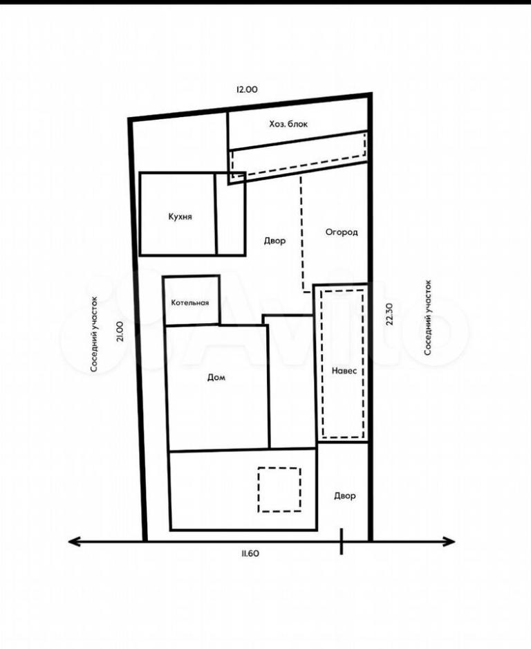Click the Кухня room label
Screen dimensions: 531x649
[x=180, y=217]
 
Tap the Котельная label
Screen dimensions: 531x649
[x=190, y=302]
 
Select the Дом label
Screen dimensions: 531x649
[x=216, y=377]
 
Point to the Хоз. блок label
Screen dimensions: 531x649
[x=288, y=124]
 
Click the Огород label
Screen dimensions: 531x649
[x=342, y=232]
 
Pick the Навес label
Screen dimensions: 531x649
[x=344, y=371]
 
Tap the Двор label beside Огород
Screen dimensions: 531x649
[x=274, y=241]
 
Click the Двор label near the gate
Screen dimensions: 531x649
[x=345, y=495]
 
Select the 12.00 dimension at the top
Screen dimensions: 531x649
[x=247, y=89]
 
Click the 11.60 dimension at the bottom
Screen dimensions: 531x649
[x=248, y=553]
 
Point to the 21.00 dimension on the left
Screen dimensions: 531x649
[x=120, y=331]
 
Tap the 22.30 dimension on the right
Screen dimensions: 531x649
[x=389, y=314]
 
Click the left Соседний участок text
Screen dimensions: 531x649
[x=94, y=334]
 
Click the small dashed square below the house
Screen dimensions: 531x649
[x=279, y=490]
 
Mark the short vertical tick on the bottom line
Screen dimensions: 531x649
[x=341, y=541]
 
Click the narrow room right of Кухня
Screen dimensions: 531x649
[x=230, y=214]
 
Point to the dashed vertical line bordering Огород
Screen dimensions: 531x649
[x=301, y=233]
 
